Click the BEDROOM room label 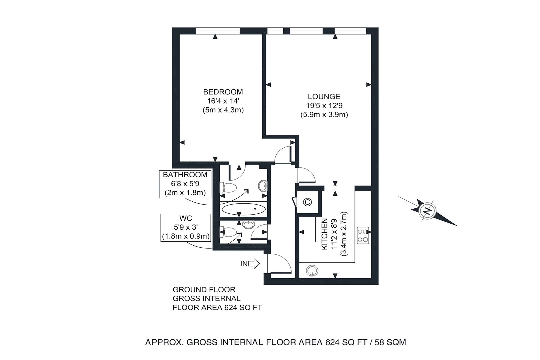coord(223,92)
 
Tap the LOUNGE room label coord(324,97)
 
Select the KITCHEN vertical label coord(324,234)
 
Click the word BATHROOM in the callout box coord(185,175)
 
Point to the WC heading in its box coord(186,218)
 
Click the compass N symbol coord(427,210)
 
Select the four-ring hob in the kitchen coord(363,235)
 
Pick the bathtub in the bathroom coord(244,210)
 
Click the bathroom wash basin coord(263,185)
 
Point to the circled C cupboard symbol coord(307,202)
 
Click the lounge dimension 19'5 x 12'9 coord(324,106)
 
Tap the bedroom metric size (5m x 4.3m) coord(223,110)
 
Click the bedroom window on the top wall coord(218,31)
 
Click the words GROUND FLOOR coord(204,290)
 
